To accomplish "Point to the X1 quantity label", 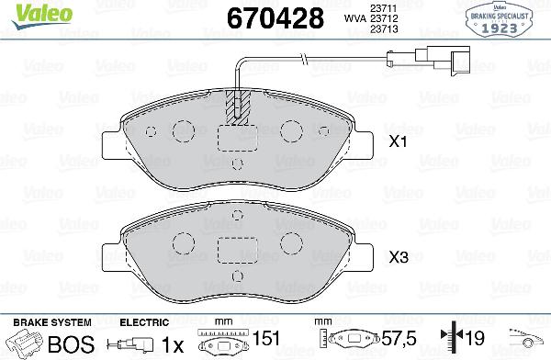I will coord(398,142).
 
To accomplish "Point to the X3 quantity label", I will coord(398,258).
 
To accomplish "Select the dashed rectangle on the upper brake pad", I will coord(236,138).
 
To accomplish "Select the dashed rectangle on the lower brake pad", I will coord(236,250).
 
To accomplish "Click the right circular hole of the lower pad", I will coord(291,242).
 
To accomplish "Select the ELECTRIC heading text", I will coord(145,322).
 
